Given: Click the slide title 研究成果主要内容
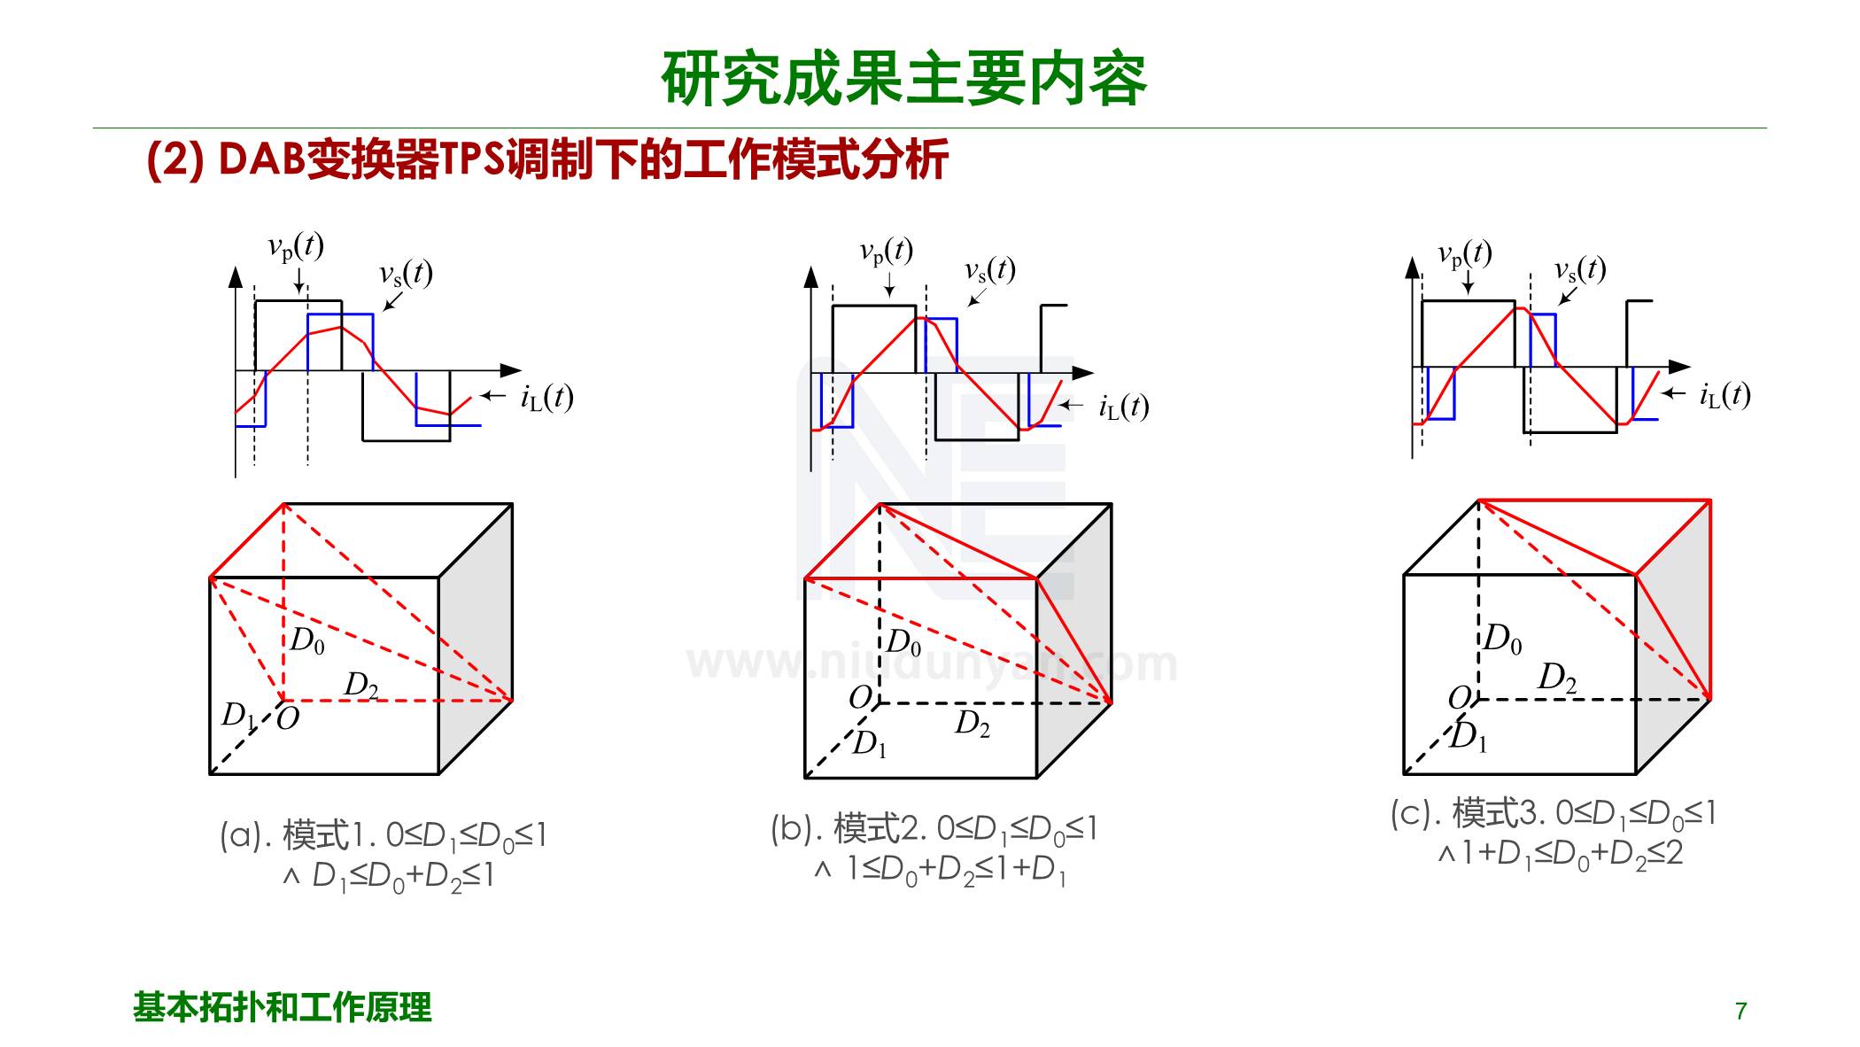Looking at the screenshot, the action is [x=903, y=79].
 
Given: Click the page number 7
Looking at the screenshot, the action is [x=1740, y=1011].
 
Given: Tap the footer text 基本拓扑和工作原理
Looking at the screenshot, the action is [x=283, y=1007].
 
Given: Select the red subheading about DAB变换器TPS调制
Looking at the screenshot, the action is [x=547, y=160].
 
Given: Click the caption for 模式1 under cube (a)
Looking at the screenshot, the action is [x=384, y=854].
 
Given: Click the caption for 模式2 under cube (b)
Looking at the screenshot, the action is [x=934, y=849].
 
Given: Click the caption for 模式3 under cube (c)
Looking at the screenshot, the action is [x=1554, y=833].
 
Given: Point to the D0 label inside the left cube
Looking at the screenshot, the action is [x=307, y=640].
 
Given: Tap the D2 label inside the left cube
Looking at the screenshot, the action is [x=361, y=685].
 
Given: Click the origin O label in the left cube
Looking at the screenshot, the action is [x=288, y=717].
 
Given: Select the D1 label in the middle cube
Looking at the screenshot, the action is [x=869, y=744].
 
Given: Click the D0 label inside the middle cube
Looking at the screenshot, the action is [x=903, y=642].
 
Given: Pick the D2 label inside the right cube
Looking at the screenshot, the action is [x=1557, y=678].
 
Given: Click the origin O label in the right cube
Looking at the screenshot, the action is [x=1460, y=698].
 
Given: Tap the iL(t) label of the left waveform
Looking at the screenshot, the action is [x=546, y=398].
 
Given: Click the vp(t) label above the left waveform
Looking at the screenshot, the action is [x=296, y=247].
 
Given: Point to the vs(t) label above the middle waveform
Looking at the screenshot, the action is [x=989, y=270].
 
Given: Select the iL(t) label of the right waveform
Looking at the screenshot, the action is [x=1724, y=395].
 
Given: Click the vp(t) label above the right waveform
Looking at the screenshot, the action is [x=1465, y=255].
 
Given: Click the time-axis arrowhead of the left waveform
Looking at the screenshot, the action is [x=511, y=370].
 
